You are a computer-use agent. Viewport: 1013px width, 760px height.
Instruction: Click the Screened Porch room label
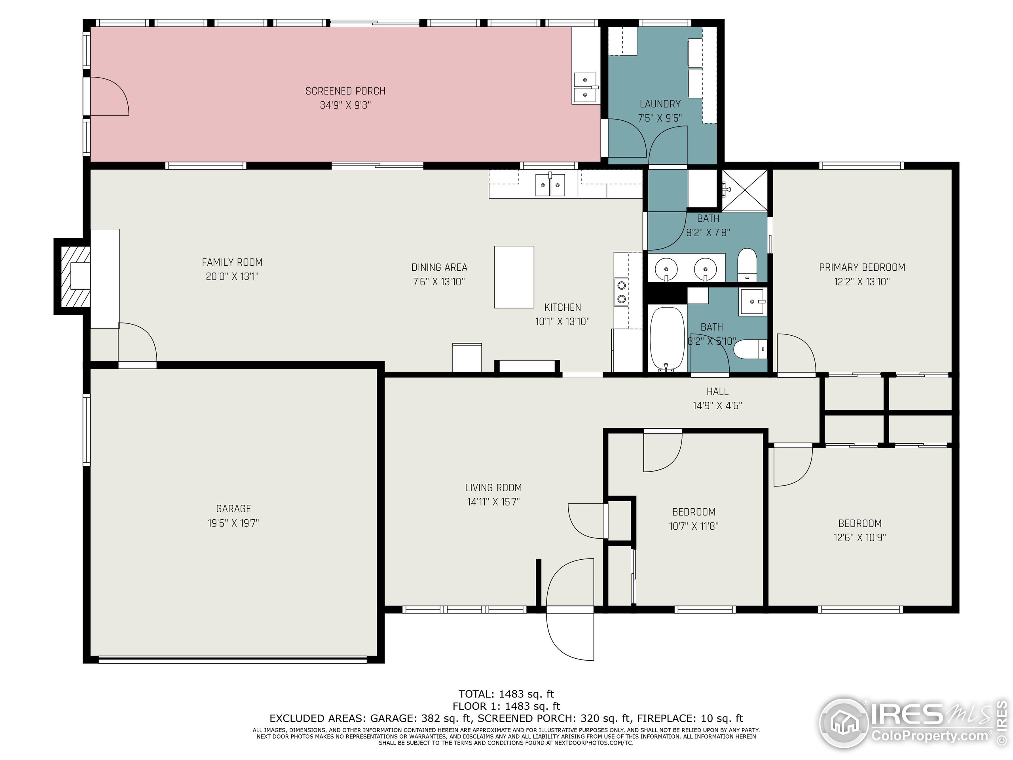coord(345,91)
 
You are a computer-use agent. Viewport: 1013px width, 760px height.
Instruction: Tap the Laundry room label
coord(660,104)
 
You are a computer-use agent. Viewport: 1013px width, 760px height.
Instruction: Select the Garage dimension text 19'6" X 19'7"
coord(233,523)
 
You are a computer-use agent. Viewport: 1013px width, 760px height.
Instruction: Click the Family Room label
coord(232,262)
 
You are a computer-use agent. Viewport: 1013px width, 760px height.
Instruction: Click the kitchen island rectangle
coord(514,277)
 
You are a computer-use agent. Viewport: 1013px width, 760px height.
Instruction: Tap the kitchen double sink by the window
coord(550,184)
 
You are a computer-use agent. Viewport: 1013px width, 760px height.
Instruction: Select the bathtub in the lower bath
coord(668,338)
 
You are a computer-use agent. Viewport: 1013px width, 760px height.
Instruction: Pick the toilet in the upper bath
coord(747,265)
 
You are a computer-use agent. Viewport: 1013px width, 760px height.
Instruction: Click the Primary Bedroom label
coord(862,267)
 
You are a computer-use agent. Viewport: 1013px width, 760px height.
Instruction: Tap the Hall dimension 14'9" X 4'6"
coord(717,405)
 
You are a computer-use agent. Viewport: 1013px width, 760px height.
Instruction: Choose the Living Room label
coord(493,488)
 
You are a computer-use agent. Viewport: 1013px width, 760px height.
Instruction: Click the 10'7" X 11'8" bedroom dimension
coord(693,526)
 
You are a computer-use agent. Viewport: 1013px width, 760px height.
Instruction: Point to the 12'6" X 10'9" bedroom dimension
coord(859,538)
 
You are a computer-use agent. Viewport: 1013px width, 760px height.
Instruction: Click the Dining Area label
coord(439,267)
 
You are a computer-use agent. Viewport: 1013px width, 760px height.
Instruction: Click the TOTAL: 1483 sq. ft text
coord(506,694)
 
